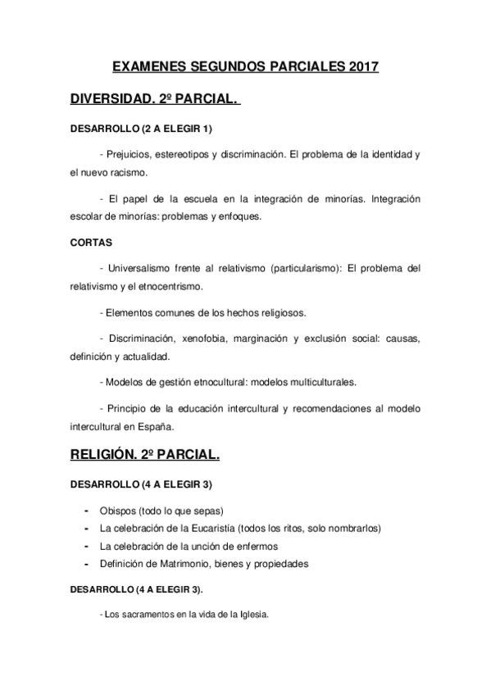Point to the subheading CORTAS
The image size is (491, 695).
[x=90, y=243]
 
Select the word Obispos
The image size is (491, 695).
[x=118, y=510]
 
